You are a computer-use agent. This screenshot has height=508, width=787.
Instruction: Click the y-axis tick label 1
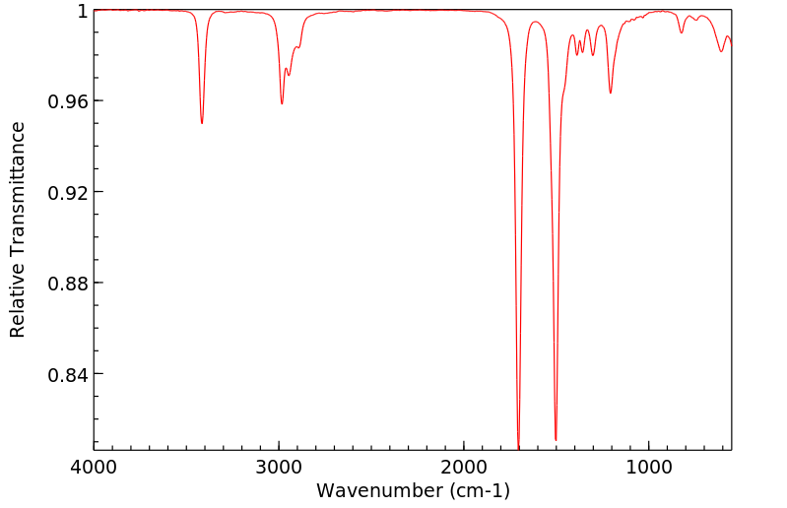tap(83, 11)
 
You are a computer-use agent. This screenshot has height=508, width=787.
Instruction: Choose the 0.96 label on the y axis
tap(69, 101)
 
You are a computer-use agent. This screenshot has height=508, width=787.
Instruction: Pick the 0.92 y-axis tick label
tap(69, 192)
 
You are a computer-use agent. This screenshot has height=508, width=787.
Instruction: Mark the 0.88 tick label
tap(69, 284)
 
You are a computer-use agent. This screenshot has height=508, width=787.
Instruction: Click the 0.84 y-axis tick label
tap(69, 374)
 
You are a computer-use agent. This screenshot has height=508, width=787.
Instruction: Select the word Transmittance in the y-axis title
tap(18, 217)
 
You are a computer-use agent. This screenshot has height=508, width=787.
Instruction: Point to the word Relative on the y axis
tap(18, 305)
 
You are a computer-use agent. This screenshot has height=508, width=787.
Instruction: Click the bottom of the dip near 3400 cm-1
tap(202, 123)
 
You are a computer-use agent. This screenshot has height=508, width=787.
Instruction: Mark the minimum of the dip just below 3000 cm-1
tap(282, 103)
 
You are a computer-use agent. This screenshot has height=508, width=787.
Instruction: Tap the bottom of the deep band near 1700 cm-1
tap(518, 448)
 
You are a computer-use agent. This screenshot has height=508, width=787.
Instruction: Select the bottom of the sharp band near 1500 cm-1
tap(556, 439)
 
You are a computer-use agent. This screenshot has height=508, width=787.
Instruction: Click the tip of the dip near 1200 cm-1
tap(611, 94)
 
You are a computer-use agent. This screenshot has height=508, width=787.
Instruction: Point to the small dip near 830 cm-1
tap(681, 32)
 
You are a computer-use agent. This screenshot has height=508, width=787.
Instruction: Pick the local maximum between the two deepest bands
tap(536, 22)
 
